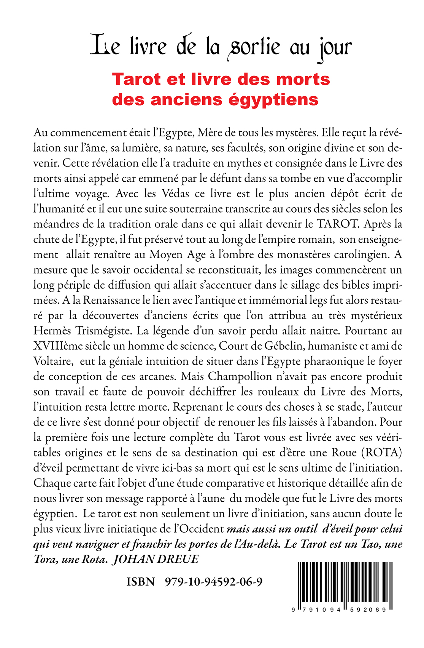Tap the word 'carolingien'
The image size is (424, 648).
[x=361, y=254]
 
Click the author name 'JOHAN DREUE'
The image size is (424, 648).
[x=155, y=559]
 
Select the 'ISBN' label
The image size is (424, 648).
[x=141, y=582]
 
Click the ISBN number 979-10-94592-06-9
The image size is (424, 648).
[x=214, y=582]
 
